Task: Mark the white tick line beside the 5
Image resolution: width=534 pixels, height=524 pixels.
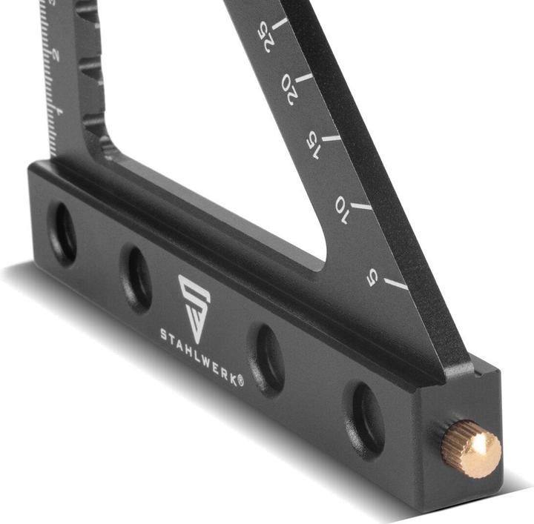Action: [397, 284]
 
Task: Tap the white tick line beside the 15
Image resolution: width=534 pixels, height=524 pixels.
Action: [332, 138]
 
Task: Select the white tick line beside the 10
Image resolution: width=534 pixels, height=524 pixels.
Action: [362, 205]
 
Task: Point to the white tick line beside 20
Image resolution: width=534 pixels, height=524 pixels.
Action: [305, 77]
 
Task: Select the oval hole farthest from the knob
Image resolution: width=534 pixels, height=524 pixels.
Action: [62, 232]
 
